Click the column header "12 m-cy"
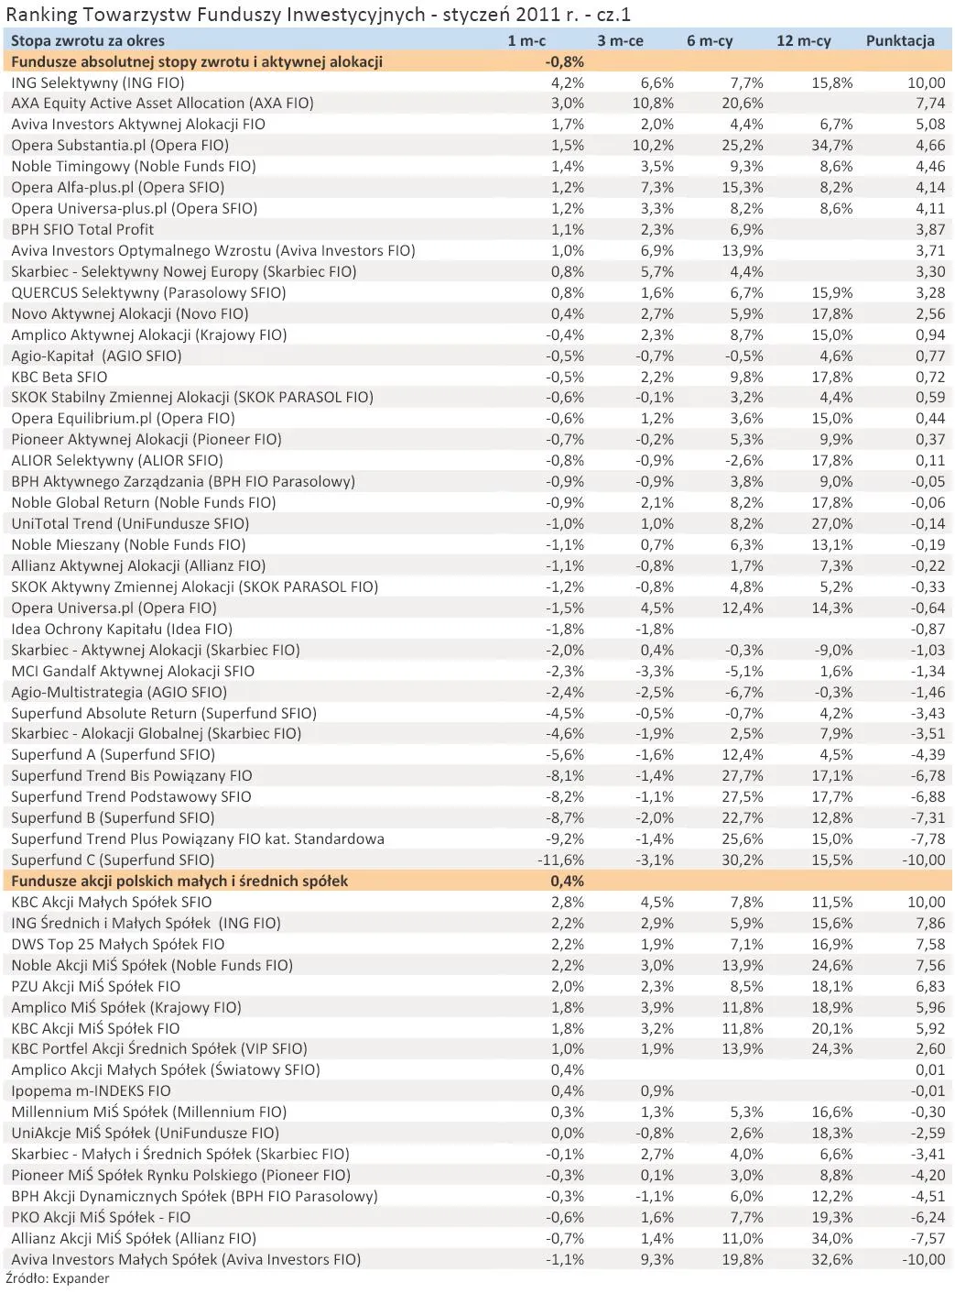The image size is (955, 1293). (x=803, y=40)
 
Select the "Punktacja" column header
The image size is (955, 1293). (x=899, y=40)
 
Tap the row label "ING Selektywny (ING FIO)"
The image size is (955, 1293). (x=98, y=82)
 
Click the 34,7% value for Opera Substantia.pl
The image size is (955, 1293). (x=831, y=146)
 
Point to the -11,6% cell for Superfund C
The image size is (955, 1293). (x=560, y=860)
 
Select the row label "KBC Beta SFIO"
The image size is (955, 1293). (x=60, y=377)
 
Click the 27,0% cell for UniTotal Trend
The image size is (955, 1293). (x=831, y=524)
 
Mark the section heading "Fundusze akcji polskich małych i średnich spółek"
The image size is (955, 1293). (x=179, y=882)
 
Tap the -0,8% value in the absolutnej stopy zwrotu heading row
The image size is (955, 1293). (x=564, y=61)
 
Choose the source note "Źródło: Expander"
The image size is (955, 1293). (x=58, y=1279)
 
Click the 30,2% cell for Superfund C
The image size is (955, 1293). (x=742, y=860)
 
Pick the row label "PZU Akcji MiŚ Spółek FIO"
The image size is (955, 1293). (x=96, y=987)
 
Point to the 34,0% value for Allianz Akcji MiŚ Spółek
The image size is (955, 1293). (x=831, y=1239)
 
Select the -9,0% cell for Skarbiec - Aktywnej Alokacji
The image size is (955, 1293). (x=833, y=651)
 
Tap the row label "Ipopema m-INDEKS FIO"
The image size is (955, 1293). (x=92, y=1091)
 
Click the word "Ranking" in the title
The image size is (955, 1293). (x=38, y=15)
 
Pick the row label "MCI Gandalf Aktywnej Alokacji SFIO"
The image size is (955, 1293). (x=134, y=672)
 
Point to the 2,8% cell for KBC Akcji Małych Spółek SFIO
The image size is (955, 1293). (x=567, y=903)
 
